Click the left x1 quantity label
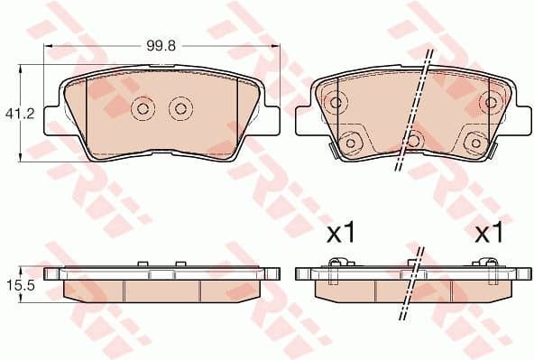point(340,235)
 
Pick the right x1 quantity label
point(488,235)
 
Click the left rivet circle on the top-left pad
point(143,109)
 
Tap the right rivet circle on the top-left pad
point(180,109)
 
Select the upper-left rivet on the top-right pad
point(335,101)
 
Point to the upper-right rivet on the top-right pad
point(492,101)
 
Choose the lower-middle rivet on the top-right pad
point(413,140)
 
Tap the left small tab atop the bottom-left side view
point(143,264)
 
